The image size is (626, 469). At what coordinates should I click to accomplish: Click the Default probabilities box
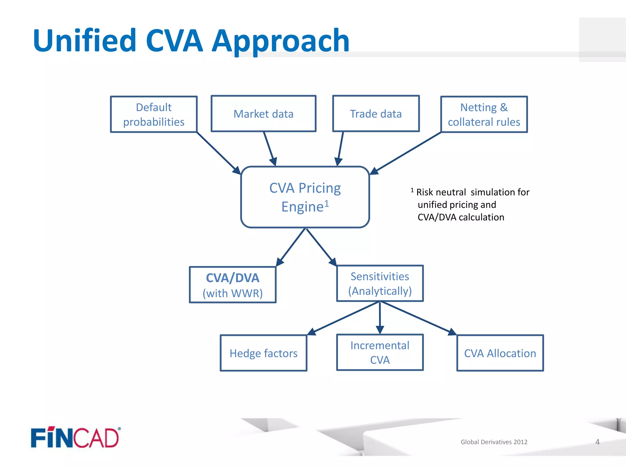(x=154, y=115)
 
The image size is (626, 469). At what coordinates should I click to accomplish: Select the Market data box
(x=263, y=114)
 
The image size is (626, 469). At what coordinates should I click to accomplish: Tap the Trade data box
(x=376, y=114)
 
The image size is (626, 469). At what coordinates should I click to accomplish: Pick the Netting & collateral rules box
(x=484, y=115)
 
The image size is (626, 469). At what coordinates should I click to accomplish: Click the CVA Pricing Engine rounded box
(x=305, y=197)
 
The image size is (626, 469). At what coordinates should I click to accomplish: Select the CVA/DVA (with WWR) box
(x=233, y=285)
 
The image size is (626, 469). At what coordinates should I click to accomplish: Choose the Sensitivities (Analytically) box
(x=380, y=284)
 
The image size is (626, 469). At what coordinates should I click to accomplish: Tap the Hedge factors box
(x=263, y=353)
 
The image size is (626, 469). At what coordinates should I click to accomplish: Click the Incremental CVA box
(x=380, y=353)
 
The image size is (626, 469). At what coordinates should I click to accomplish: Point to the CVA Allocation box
(x=500, y=353)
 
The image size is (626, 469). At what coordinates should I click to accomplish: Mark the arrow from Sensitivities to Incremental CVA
(x=380, y=318)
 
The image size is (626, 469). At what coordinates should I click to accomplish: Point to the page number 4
(x=597, y=442)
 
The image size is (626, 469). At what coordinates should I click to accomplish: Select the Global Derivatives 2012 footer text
(x=494, y=442)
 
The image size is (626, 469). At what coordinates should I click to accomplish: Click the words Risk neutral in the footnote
(x=441, y=192)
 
